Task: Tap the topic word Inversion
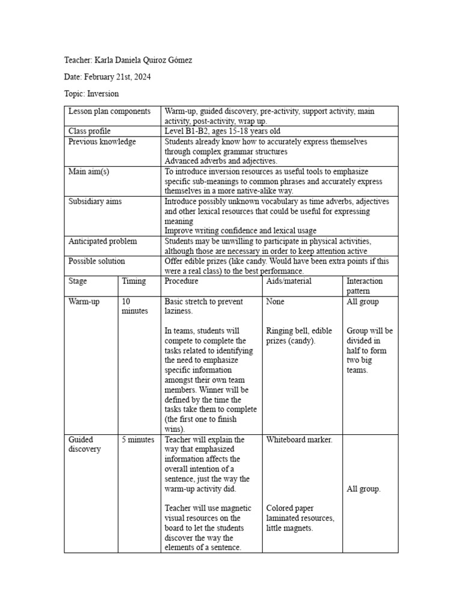(x=103, y=94)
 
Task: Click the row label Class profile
(x=90, y=131)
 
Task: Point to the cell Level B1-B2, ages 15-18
(x=222, y=131)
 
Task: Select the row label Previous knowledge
(x=102, y=141)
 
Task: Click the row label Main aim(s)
(x=89, y=171)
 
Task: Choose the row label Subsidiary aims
(x=95, y=202)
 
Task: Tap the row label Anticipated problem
(x=102, y=241)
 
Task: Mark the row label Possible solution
(x=97, y=261)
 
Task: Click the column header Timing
(x=134, y=281)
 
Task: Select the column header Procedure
(x=181, y=281)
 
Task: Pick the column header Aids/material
(x=289, y=281)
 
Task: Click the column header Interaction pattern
(x=365, y=286)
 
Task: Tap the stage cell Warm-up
(x=84, y=301)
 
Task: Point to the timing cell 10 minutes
(x=134, y=306)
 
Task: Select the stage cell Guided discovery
(x=85, y=445)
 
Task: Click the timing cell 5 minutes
(x=138, y=440)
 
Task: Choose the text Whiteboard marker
(x=299, y=440)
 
